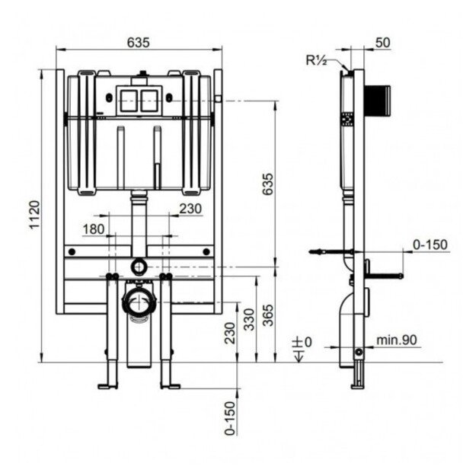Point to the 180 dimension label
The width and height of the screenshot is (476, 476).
tap(94, 229)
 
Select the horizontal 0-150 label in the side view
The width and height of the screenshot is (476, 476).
tap(430, 244)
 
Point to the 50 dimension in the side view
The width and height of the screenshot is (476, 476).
tap(382, 43)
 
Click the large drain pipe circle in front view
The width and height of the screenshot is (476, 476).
tap(137, 303)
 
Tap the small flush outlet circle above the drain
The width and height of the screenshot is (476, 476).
tap(139, 266)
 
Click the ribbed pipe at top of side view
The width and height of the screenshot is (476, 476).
tap(380, 99)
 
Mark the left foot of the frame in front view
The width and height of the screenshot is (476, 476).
tap(108, 385)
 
